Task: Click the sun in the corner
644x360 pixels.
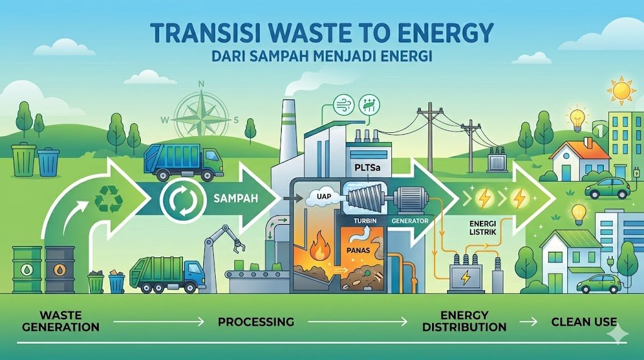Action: pyautogui.click(x=623, y=91)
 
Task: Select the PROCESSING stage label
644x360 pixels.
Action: pyautogui.click(x=255, y=322)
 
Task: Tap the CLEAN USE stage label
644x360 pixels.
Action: pyautogui.click(x=584, y=322)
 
